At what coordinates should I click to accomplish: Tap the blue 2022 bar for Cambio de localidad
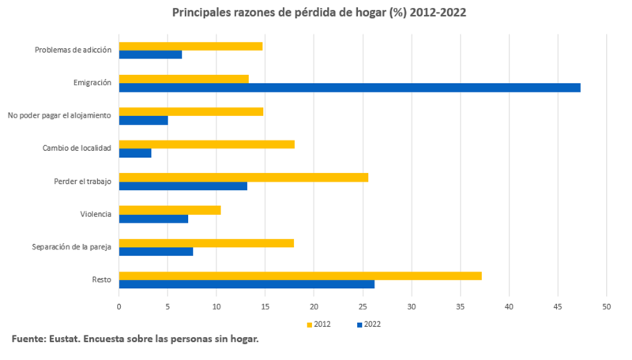(135, 153)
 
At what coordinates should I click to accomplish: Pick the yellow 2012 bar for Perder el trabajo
(243, 177)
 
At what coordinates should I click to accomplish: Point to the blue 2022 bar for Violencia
(153, 219)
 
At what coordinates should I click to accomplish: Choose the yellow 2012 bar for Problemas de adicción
(190, 46)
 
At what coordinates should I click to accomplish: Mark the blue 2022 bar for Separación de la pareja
(156, 252)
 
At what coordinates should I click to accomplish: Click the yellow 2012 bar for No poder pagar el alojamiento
(191, 111)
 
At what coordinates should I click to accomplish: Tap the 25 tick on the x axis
(363, 306)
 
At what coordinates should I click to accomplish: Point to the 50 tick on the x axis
(607, 306)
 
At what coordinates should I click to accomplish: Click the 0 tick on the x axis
(119, 306)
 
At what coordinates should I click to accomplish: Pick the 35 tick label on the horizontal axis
(461, 306)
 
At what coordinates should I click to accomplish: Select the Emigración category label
(92, 83)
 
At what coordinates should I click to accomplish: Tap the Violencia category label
(96, 214)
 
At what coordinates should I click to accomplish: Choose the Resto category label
(101, 280)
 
